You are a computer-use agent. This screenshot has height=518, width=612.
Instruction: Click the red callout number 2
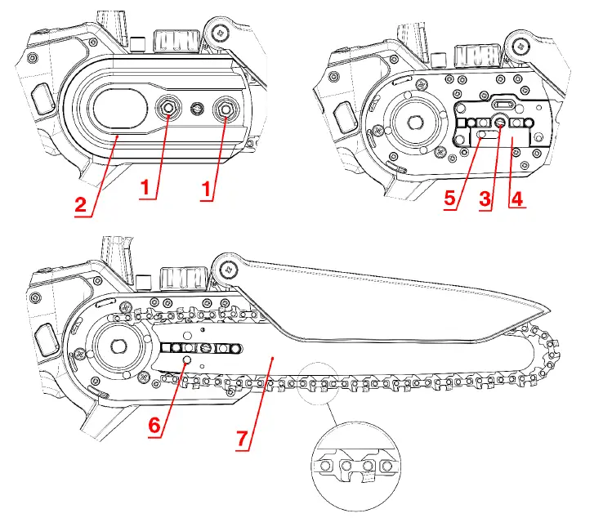click(x=81, y=204)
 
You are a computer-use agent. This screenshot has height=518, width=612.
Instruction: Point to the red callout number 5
click(x=451, y=199)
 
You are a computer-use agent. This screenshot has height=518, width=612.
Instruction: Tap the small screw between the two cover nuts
click(x=196, y=107)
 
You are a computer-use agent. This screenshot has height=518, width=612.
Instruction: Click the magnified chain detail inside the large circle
click(x=352, y=466)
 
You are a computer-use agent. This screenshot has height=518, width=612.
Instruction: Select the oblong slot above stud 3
click(x=503, y=105)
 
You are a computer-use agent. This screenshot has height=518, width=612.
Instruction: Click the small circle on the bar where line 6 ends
click(x=187, y=359)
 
